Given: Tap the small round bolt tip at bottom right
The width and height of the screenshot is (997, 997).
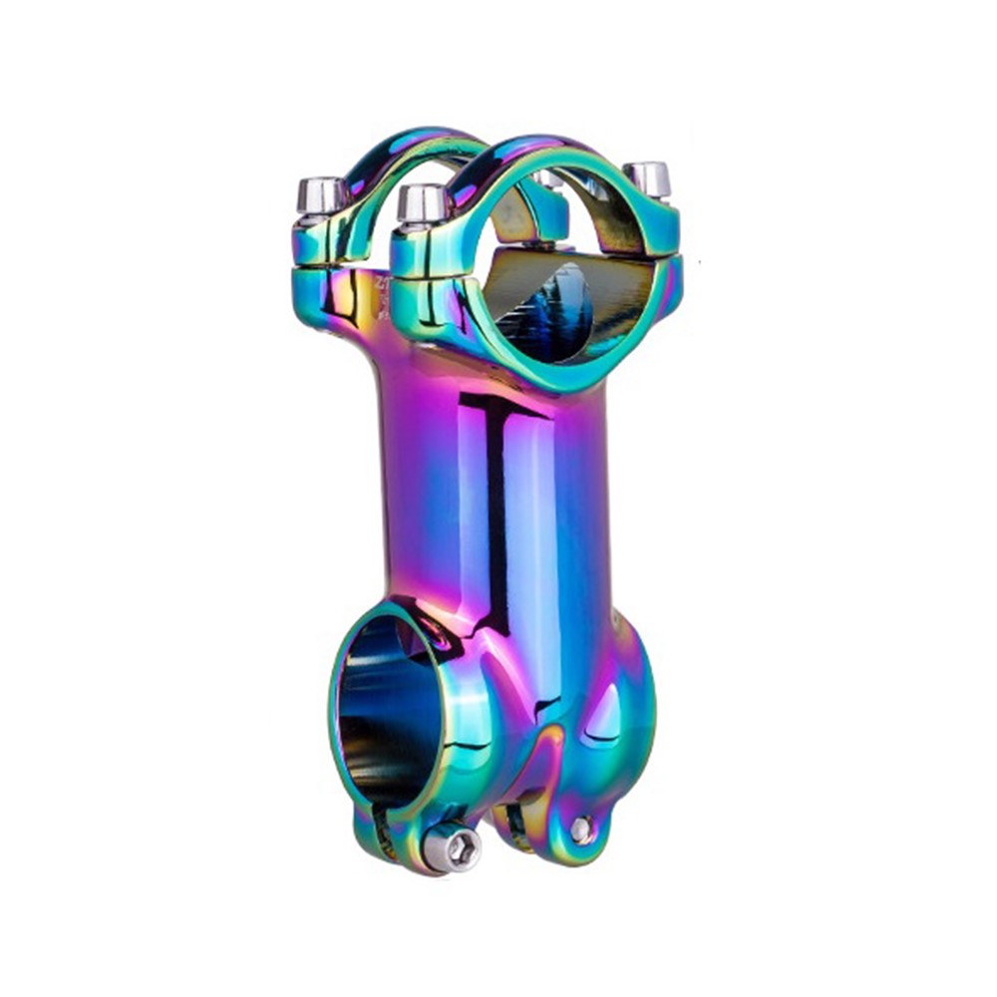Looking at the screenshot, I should pos(580,829).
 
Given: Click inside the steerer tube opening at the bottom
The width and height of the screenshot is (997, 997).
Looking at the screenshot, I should pos(384,708).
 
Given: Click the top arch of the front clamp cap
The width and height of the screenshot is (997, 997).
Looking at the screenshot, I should pos(538,150).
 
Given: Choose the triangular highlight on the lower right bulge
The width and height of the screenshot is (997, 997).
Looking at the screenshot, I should pos(602,718).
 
